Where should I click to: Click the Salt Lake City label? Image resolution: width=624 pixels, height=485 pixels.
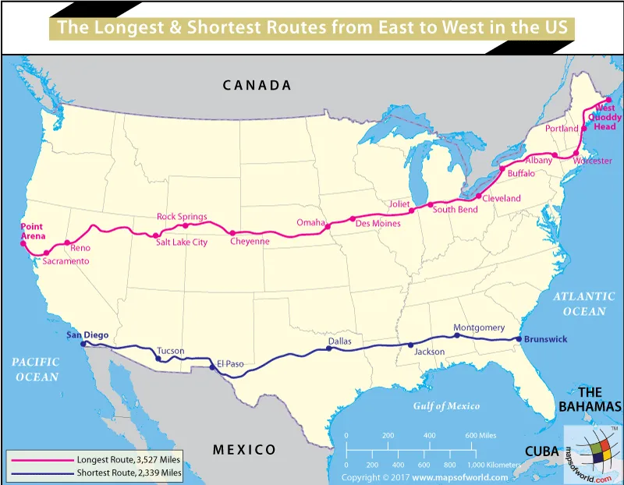[182, 242]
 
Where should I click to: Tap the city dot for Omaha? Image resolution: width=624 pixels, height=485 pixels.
[328, 227]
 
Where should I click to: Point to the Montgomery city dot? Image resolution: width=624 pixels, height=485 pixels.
[457, 335]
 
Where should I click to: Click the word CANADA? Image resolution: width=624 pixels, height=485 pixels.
[257, 85]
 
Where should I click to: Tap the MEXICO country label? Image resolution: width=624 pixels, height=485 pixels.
[244, 449]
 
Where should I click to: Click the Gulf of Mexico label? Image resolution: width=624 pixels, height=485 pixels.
[446, 405]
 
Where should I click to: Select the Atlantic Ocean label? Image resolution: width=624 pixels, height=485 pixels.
[579, 303]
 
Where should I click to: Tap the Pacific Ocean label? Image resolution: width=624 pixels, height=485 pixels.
[36, 369]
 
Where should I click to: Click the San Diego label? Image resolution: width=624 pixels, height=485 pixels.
[87, 335]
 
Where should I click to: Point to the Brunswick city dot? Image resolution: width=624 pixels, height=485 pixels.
[519, 339]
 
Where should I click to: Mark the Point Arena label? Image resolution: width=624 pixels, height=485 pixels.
[33, 231]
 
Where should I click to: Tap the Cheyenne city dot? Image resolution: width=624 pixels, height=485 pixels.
[233, 232]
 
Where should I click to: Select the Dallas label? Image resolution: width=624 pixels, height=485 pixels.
[340, 341]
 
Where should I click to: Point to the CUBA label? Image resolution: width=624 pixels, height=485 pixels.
[541, 451]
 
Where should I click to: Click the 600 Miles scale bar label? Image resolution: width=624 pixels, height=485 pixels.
[481, 435]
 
